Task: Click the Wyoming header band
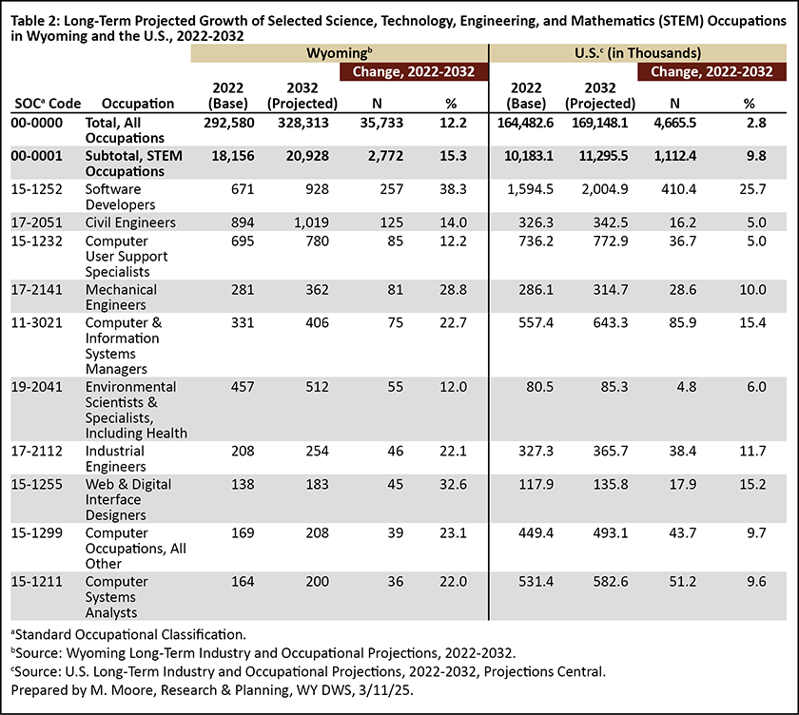(340, 53)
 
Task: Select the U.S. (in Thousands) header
(637, 53)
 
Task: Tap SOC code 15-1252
(37, 189)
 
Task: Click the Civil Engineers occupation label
(130, 222)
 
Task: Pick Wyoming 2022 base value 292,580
(229, 123)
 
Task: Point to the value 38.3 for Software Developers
(453, 189)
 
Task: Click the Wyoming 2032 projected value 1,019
(311, 222)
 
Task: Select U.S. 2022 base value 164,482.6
(525, 123)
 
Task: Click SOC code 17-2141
(37, 289)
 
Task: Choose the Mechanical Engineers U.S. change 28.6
(682, 289)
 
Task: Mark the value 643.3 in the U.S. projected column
(611, 322)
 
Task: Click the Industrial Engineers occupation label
(116, 459)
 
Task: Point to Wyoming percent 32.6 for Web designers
(453, 484)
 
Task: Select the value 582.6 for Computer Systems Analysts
(611, 581)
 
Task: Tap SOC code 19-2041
(37, 387)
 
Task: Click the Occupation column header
(138, 104)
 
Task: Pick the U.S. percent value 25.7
(752, 189)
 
